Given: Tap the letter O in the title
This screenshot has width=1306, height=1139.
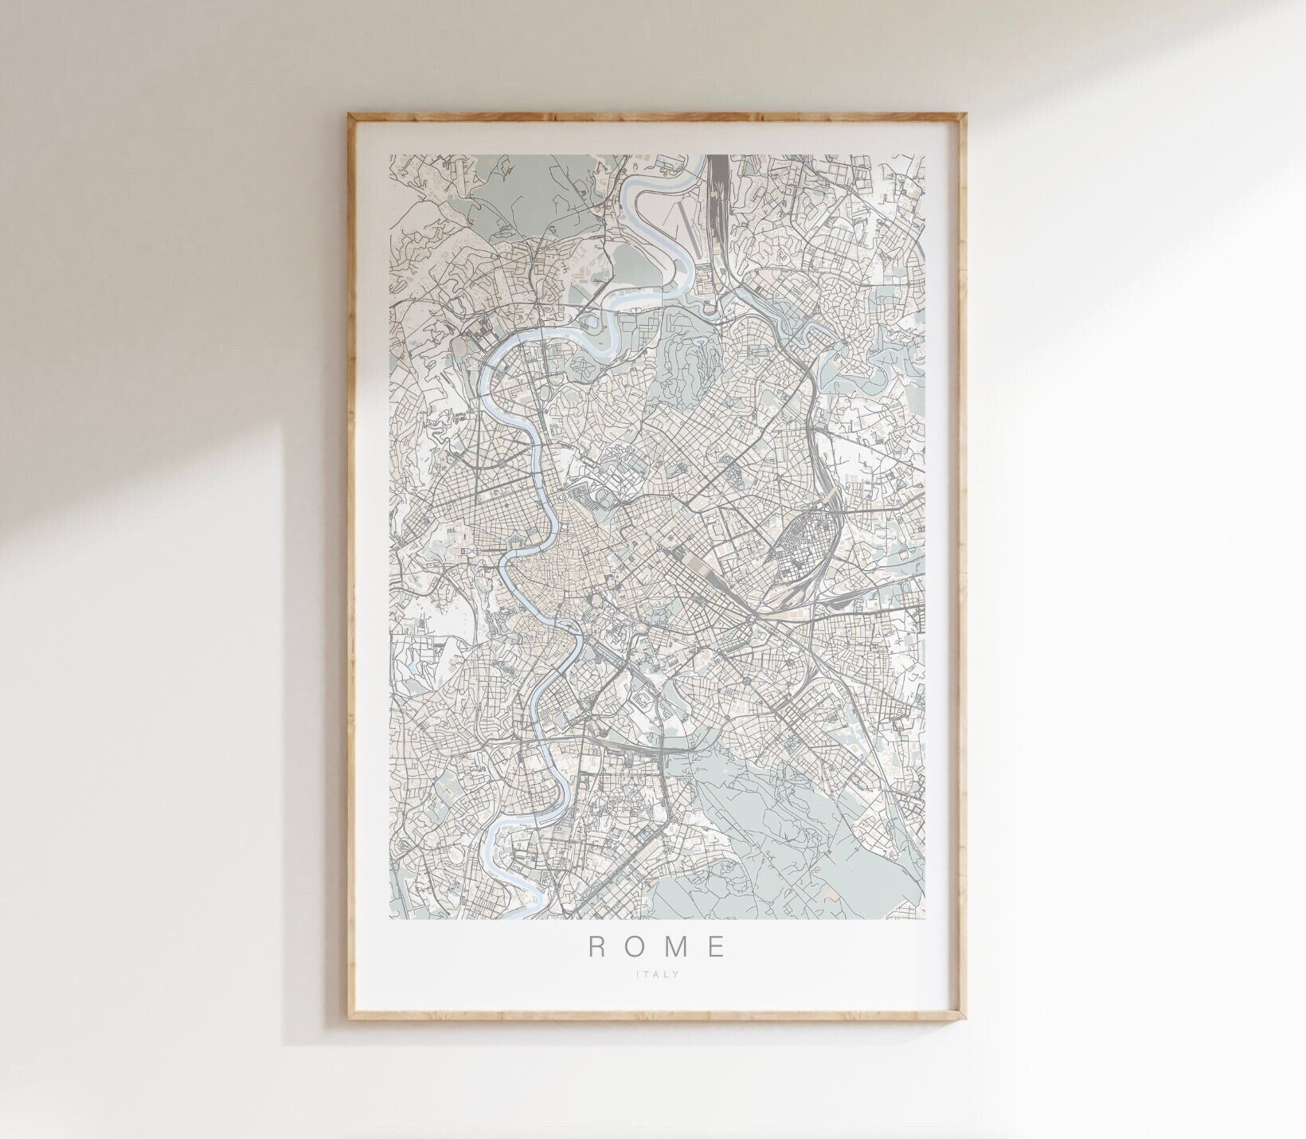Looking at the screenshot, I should pos(635,946).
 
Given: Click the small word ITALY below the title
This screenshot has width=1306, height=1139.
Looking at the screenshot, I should pos(657,973).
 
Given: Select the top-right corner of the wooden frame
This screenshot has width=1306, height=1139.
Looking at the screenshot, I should pos(966,114).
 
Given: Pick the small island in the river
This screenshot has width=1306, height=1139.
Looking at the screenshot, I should pos(565,647).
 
